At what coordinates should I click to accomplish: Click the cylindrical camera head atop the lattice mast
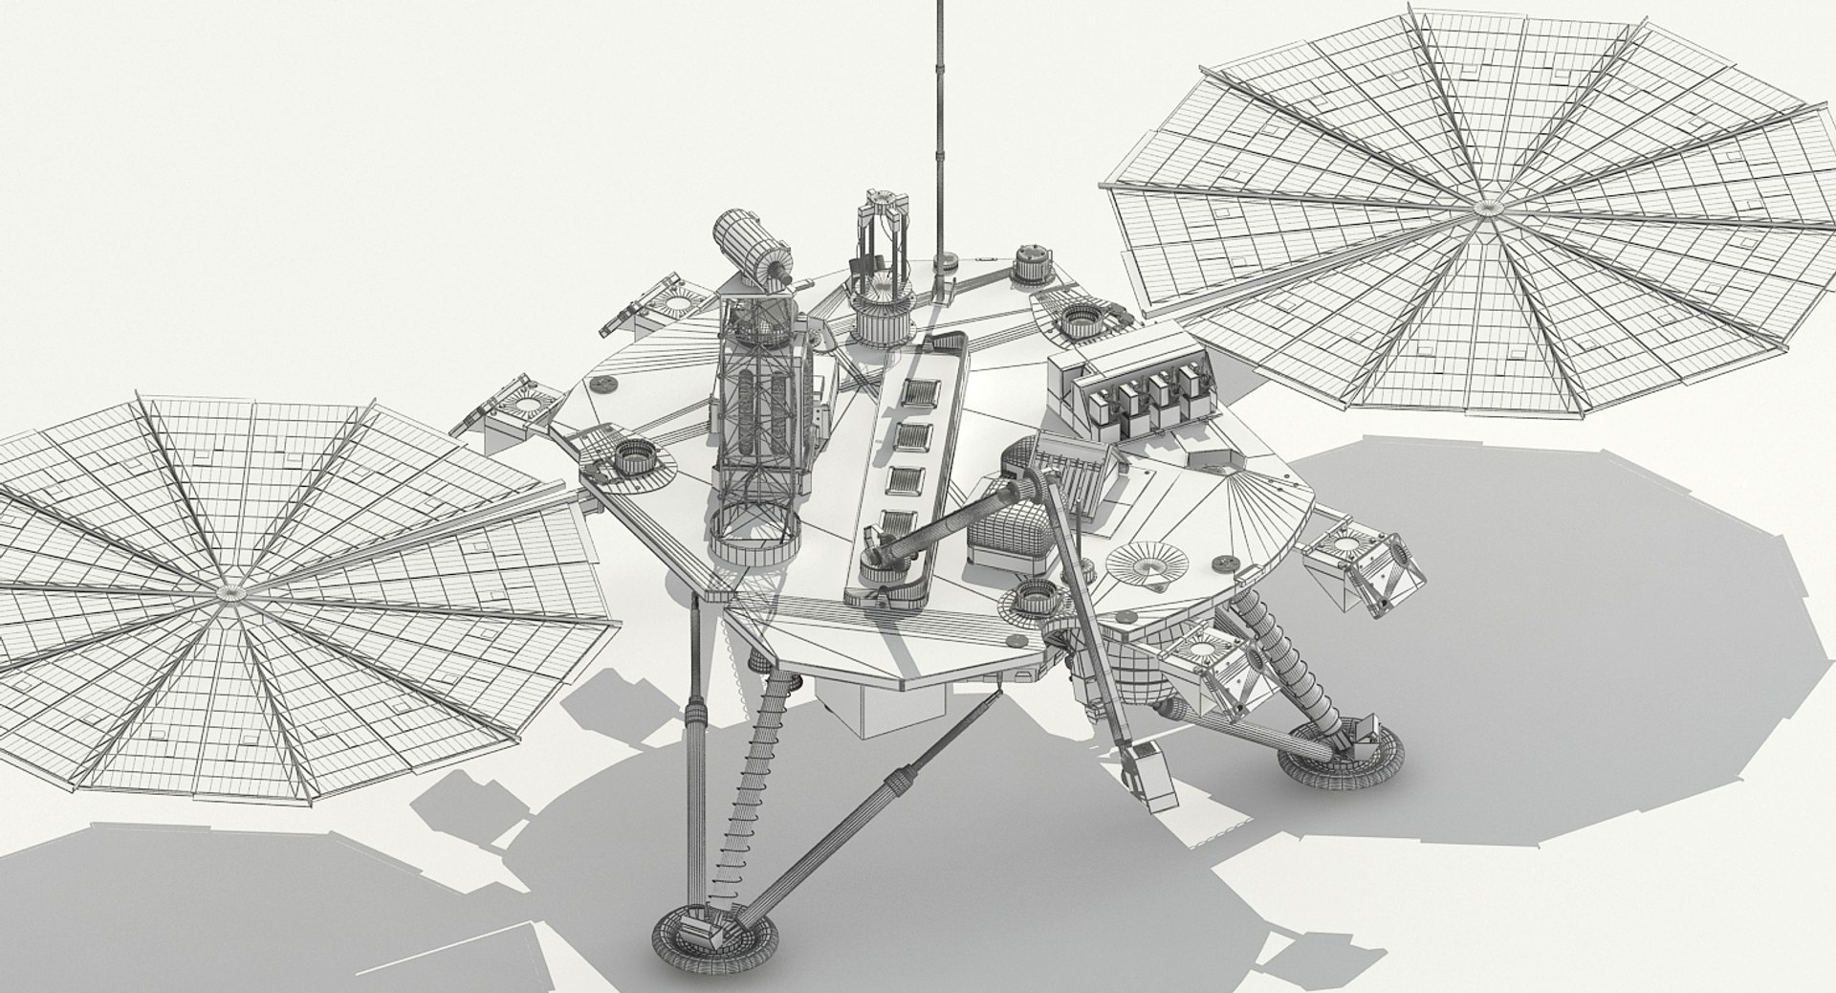coord(751,251)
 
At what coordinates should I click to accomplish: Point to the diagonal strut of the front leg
coord(841,808)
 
